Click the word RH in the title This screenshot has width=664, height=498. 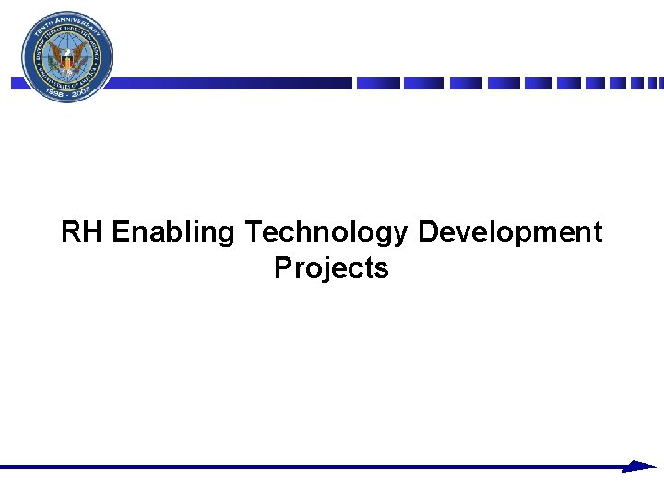pos(83,232)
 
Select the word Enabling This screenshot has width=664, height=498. pos(173,233)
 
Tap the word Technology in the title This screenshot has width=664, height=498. pos(326,233)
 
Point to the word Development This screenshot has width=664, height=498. pos(509,233)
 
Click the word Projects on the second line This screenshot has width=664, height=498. pos(331,268)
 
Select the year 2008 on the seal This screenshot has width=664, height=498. pos(84,91)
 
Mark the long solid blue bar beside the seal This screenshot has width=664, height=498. pos(231,83)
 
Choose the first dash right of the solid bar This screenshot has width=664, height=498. pos(378,83)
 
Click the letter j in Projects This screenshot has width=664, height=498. pos(316,269)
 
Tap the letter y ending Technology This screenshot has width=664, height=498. pos(399,236)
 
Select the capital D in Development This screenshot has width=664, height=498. pos(429,232)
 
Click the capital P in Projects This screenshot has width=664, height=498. pos(283,267)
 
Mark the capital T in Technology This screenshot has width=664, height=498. pos(254,232)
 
